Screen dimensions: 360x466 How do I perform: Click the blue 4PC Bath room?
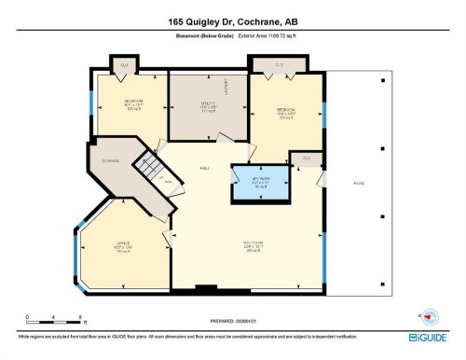pos(260,183)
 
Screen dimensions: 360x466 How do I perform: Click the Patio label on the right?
pos(359,183)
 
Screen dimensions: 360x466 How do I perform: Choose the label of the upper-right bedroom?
pos(286,114)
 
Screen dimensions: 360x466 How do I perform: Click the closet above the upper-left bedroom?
pos(125,64)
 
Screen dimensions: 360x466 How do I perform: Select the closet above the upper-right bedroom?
pos(280,64)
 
